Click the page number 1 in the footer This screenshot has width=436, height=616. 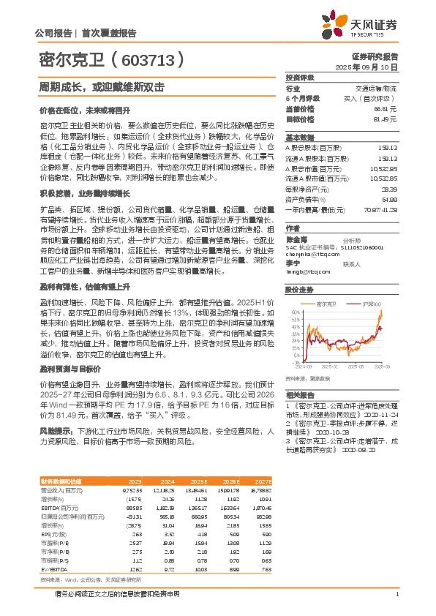point(396,604)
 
